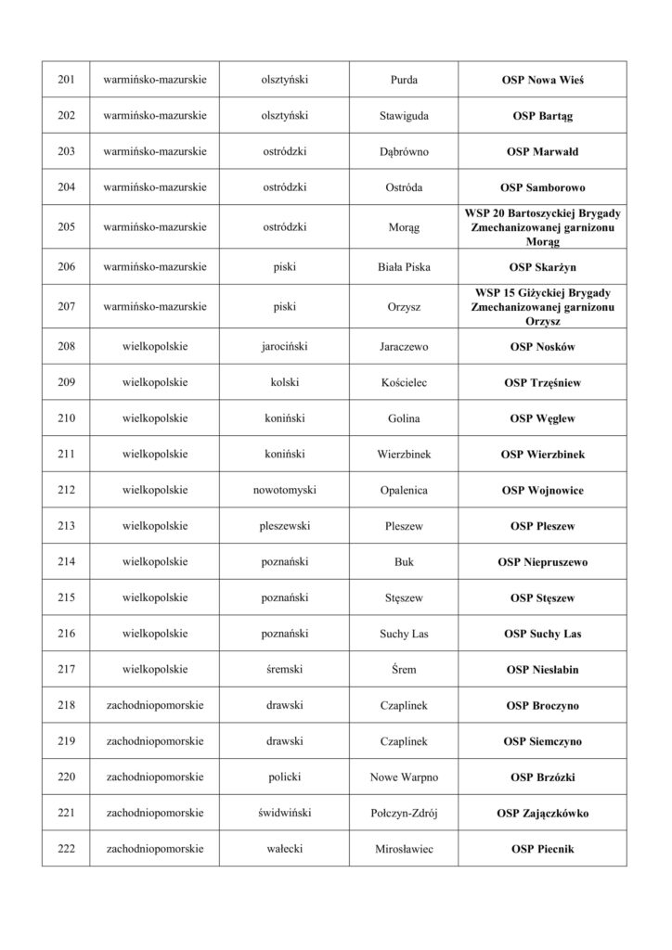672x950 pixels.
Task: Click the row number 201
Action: pyautogui.click(x=66, y=80)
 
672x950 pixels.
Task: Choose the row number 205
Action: pyautogui.click(x=66, y=227)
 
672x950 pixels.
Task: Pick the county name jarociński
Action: pyautogui.click(x=286, y=347)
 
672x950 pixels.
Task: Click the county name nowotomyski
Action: pyautogui.click(x=286, y=490)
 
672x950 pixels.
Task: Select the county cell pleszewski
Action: pyautogui.click(x=286, y=526)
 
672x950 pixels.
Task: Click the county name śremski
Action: pyautogui.click(x=286, y=669)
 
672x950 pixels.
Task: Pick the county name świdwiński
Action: pyautogui.click(x=286, y=813)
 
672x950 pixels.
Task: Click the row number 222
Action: pyautogui.click(x=66, y=848)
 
